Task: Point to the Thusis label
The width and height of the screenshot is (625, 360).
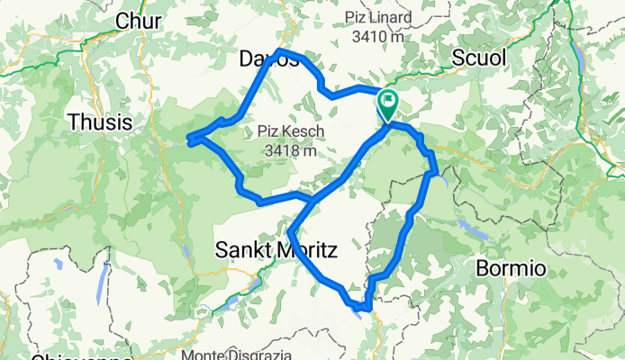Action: pos(99,121)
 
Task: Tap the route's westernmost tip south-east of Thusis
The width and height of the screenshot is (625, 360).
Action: pos(189,139)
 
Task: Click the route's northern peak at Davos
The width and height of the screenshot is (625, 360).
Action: pos(280,50)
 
